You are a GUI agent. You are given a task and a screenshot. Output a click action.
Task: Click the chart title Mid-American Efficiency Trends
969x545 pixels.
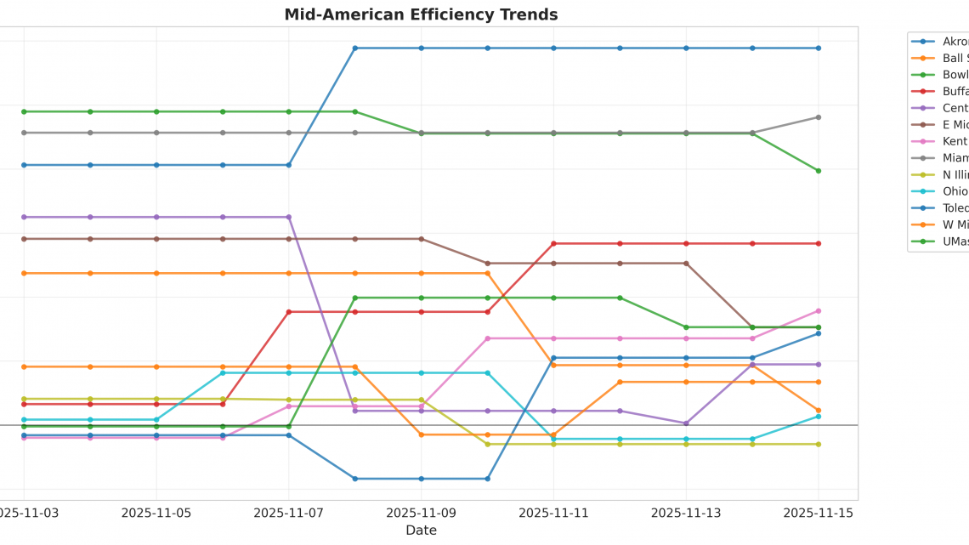pos(421,14)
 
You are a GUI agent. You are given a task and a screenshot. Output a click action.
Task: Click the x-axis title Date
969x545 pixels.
pos(421,531)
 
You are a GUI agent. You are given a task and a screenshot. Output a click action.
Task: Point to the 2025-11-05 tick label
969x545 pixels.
pos(156,513)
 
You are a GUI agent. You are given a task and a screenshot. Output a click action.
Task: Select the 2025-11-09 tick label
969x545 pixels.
pos(421,513)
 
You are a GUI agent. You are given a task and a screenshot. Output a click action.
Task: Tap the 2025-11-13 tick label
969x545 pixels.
pos(686,513)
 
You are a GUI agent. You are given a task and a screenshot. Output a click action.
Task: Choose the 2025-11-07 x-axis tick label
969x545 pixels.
pos(289,513)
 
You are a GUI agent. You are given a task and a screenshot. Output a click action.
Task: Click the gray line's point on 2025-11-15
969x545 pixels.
pos(819,117)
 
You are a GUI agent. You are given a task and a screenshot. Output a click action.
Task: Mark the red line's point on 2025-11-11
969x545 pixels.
pos(553,244)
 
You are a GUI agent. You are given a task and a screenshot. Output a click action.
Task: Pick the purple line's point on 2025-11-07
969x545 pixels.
pos(289,217)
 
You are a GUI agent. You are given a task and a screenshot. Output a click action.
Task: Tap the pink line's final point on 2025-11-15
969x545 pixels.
pos(819,311)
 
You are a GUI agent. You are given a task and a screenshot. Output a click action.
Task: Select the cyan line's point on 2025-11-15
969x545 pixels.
pos(819,417)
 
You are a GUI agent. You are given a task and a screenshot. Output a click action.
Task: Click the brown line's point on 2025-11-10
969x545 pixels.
pos(487,264)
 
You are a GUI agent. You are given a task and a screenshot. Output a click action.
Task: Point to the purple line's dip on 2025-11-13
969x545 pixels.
pos(686,423)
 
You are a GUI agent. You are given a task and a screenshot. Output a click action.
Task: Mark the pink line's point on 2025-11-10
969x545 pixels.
pos(487,338)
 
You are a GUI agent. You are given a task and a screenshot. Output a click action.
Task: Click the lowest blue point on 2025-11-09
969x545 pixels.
pos(421,479)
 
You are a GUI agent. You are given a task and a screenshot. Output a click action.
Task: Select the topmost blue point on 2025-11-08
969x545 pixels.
pos(355,48)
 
